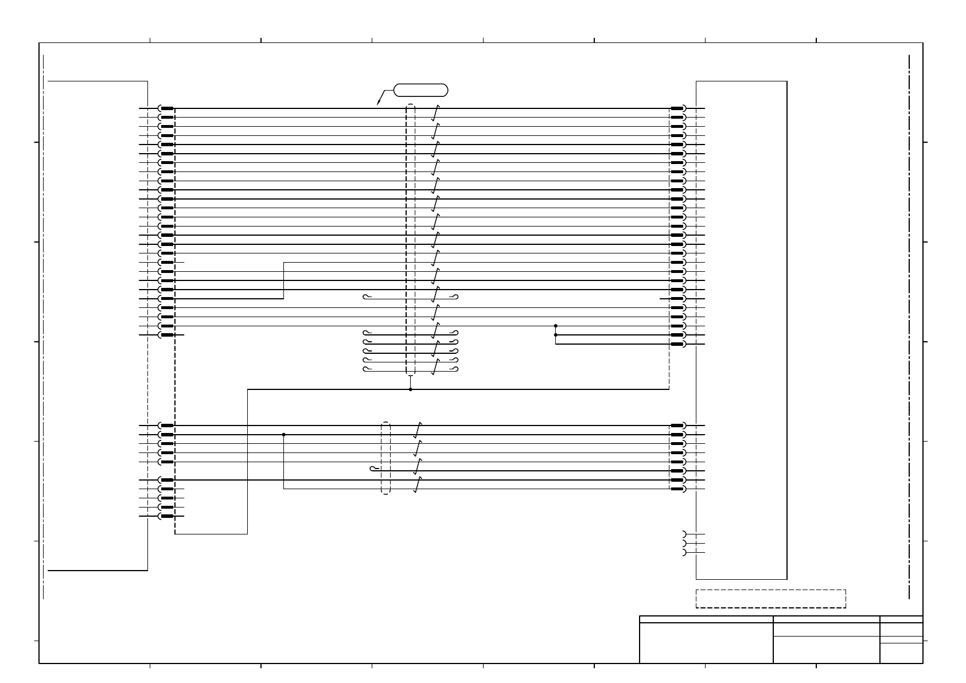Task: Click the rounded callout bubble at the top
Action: coord(420,89)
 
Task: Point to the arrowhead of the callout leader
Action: coord(377,104)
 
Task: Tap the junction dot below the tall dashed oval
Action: coord(410,389)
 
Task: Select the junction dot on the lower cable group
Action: coord(283,435)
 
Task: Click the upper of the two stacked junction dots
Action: coord(555,326)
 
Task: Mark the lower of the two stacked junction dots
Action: coord(555,335)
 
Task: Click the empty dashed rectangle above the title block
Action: coord(770,599)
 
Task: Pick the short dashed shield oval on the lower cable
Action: coord(385,458)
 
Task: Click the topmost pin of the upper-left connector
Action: coord(166,108)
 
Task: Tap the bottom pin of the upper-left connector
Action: coord(166,335)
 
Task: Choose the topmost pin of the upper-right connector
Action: coord(678,108)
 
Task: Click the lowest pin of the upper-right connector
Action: coord(678,344)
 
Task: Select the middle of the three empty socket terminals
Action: coord(684,543)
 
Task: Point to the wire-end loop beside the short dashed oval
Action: coord(374,469)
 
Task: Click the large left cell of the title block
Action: coord(706,643)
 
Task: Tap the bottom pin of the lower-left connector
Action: coord(166,516)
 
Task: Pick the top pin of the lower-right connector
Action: coord(678,426)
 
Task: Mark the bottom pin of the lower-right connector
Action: coord(678,489)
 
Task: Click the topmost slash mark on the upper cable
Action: coord(436,113)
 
